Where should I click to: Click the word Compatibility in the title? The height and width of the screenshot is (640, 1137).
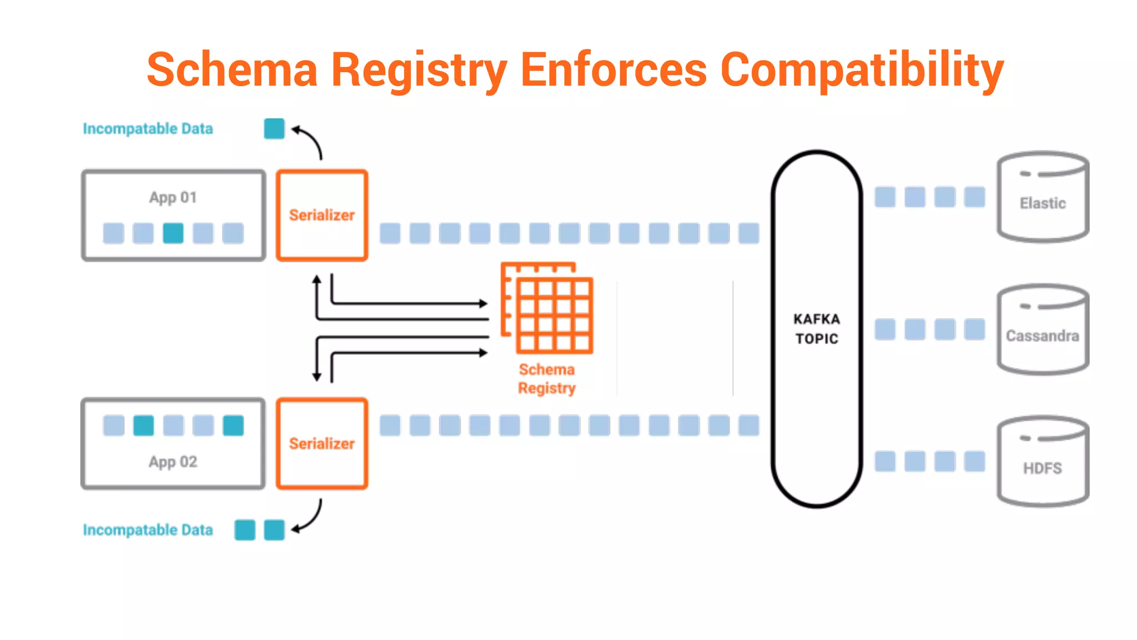862,70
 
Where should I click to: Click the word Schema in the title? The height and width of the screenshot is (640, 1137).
232,70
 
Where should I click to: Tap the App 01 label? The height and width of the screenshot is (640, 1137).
173,197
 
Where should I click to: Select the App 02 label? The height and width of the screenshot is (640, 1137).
173,462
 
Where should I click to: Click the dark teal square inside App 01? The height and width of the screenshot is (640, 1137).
173,233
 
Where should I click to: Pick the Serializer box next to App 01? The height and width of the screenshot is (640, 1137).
322,215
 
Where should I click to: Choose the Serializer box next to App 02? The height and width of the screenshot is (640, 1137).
322,443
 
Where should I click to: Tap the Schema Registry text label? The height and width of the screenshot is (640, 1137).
547,378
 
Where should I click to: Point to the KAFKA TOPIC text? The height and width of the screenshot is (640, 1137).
817,328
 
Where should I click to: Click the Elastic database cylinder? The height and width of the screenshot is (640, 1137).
1043,197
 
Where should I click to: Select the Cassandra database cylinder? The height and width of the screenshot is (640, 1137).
1043,330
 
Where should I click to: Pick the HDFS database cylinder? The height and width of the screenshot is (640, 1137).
1043,462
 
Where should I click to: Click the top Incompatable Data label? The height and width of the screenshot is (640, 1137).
148,129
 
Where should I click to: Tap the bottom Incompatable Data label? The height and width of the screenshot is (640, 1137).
148,530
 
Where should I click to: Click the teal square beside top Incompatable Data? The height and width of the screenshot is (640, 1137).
274,129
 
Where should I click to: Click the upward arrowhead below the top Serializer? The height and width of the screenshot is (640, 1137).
317,279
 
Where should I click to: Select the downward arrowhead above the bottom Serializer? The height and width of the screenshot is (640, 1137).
317,377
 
